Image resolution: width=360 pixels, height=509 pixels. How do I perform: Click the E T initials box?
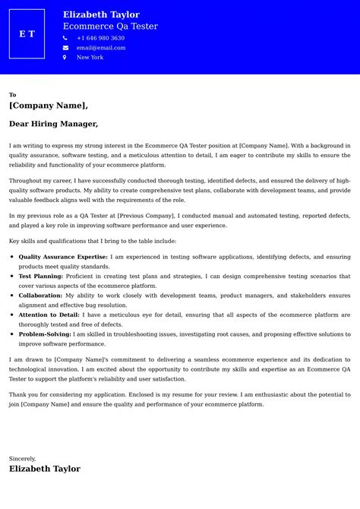(27, 34)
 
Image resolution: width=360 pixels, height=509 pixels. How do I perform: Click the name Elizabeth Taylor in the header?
(101, 14)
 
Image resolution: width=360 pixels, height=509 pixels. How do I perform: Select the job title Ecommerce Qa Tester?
(110, 26)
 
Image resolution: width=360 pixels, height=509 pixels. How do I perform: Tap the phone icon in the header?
(65, 38)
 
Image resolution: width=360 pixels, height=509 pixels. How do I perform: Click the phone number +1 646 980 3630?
(100, 38)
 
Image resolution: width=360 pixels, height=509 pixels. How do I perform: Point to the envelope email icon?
(65, 48)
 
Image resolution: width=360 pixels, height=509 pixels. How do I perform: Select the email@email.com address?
(101, 48)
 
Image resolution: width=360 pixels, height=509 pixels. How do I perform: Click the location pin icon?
(65, 58)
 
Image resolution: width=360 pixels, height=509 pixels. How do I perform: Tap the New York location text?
(90, 58)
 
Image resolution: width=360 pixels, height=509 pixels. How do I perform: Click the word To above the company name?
(13, 95)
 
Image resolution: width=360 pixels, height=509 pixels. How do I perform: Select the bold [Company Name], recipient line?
(49, 106)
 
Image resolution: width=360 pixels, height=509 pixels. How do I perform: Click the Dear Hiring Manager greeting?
(53, 124)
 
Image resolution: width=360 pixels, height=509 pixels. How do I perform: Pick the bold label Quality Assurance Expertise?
(63, 257)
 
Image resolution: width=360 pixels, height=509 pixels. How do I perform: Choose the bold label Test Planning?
(41, 277)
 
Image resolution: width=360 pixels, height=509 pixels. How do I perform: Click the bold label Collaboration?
(40, 296)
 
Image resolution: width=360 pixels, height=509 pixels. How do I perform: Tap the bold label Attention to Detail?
(49, 315)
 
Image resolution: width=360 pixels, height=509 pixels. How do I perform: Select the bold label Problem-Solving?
(45, 334)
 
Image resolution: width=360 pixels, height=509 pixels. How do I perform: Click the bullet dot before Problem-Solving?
(12, 334)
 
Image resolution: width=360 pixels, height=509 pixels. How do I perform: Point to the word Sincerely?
(23, 458)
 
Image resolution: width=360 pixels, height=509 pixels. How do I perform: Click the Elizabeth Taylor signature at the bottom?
(45, 469)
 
